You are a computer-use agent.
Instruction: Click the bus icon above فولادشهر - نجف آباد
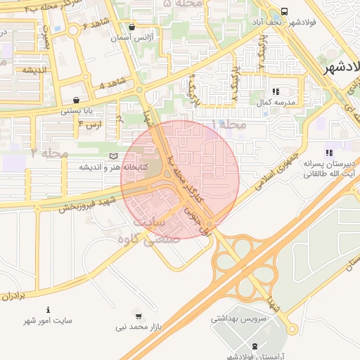click(x=284, y=12)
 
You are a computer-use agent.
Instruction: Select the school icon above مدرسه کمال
click(x=276, y=91)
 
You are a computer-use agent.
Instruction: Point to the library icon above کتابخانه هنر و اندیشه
click(x=114, y=156)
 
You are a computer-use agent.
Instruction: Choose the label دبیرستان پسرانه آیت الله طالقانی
click(x=328, y=167)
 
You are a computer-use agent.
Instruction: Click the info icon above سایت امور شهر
click(x=48, y=309)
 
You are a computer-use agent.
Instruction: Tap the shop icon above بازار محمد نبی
click(x=138, y=316)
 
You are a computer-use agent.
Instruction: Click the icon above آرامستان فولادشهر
click(x=254, y=345)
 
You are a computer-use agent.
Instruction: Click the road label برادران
click(x=13, y=296)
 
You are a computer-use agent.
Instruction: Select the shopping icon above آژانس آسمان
click(x=131, y=27)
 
